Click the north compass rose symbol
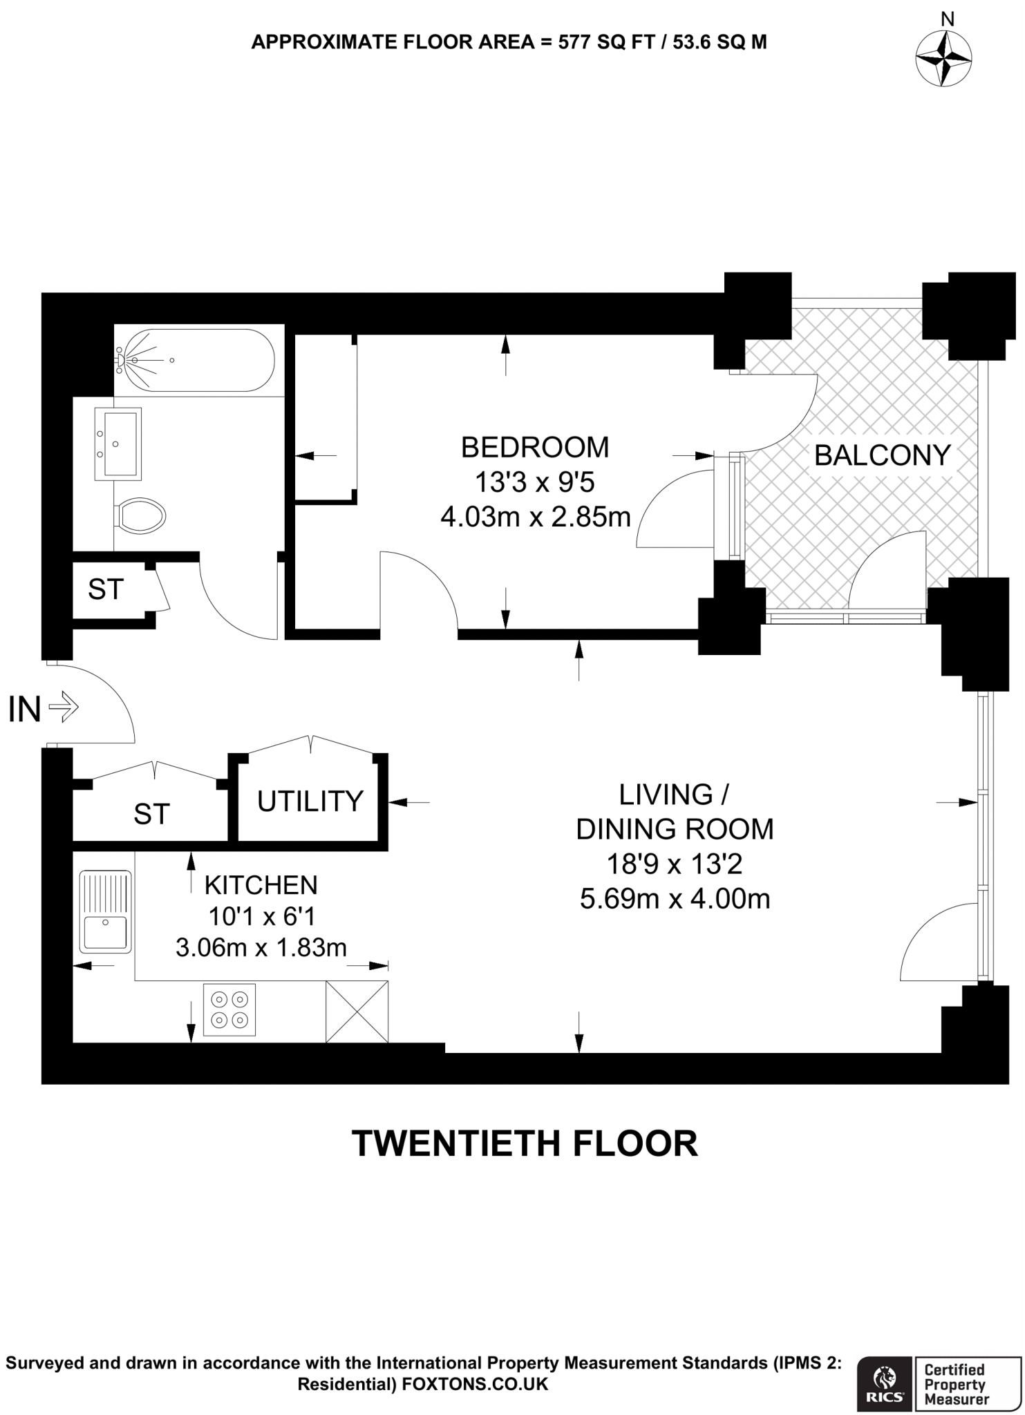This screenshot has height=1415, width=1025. click(x=943, y=59)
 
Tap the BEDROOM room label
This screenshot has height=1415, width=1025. click(x=535, y=448)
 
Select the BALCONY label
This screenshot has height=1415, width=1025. click(x=883, y=455)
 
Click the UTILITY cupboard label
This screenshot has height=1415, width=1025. click(x=310, y=801)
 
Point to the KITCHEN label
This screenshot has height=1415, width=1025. click(x=261, y=885)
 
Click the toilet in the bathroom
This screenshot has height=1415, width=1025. click(x=141, y=515)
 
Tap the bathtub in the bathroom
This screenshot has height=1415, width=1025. click(x=196, y=360)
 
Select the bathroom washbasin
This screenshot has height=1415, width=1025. click(x=117, y=444)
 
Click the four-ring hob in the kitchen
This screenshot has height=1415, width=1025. click(x=229, y=1009)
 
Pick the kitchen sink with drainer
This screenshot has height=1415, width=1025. click(x=105, y=911)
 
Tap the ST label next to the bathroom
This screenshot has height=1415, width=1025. click(x=106, y=589)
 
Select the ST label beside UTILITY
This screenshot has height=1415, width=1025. click(x=151, y=814)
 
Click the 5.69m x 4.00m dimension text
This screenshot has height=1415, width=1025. click(x=675, y=899)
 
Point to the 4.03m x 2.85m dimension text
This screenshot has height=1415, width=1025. click(x=535, y=516)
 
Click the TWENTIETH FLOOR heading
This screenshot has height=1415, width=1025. click(x=525, y=1143)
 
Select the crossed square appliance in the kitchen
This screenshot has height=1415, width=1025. click(x=357, y=1011)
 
